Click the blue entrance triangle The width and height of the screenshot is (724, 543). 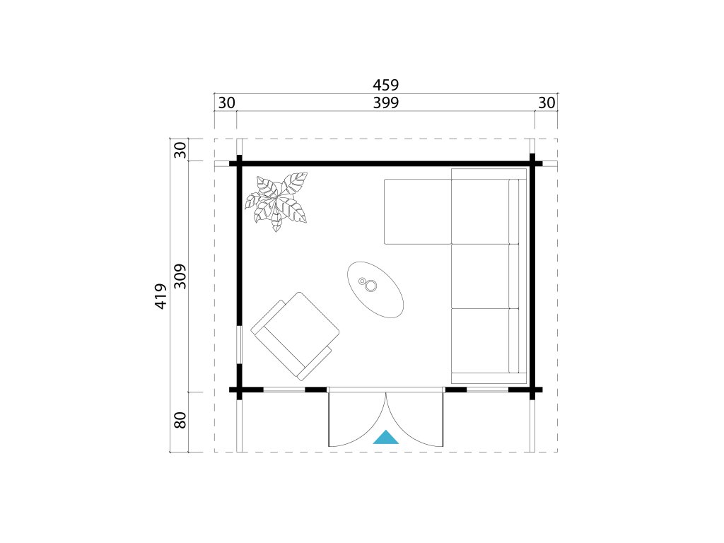tap(385, 438)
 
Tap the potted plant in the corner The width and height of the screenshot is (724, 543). tap(276, 201)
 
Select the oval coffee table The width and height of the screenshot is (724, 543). tap(375, 289)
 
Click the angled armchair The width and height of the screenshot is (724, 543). tap(295, 336)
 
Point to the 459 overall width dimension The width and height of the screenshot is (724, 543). tap(385, 85)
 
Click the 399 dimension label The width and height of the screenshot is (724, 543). tap(385, 103)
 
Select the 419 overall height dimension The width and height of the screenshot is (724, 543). tap(160, 296)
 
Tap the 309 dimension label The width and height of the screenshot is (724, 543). tap(180, 276)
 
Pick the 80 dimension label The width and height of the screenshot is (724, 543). tap(180, 420)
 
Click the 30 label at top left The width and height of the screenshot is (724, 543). tap(226, 103)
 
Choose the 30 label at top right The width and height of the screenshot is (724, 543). tap(547, 103)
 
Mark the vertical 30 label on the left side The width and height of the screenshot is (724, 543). tap(180, 150)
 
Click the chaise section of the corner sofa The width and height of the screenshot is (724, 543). tap(417, 211)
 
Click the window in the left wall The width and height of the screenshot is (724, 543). tap(240, 344)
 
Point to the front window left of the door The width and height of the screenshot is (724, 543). tap(284, 390)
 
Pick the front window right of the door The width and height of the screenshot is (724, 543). tap(488, 390)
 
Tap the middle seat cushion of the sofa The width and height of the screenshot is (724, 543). tap(480, 276)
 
